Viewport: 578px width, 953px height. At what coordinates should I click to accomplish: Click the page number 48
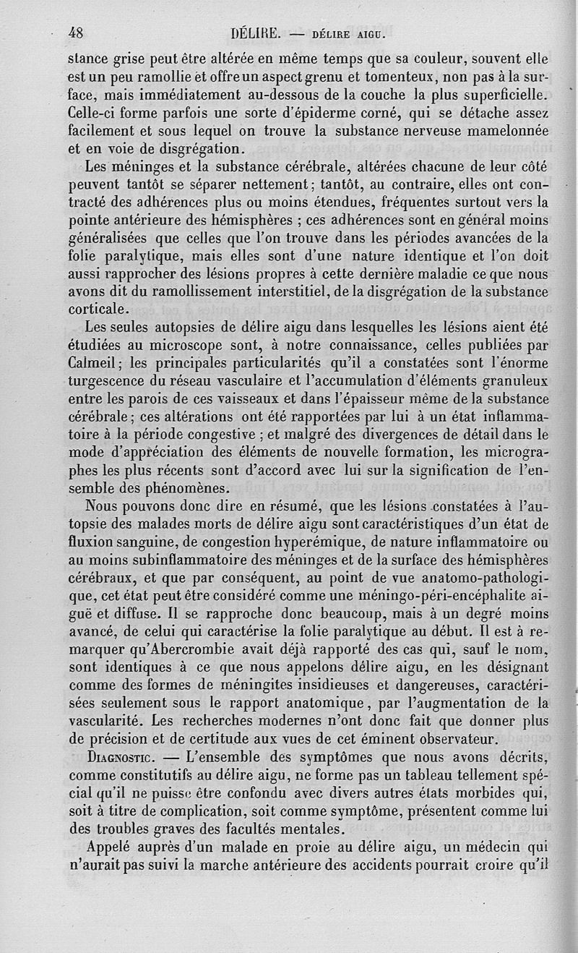[x=76, y=33]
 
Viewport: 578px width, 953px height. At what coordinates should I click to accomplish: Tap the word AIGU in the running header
[x=373, y=33]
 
